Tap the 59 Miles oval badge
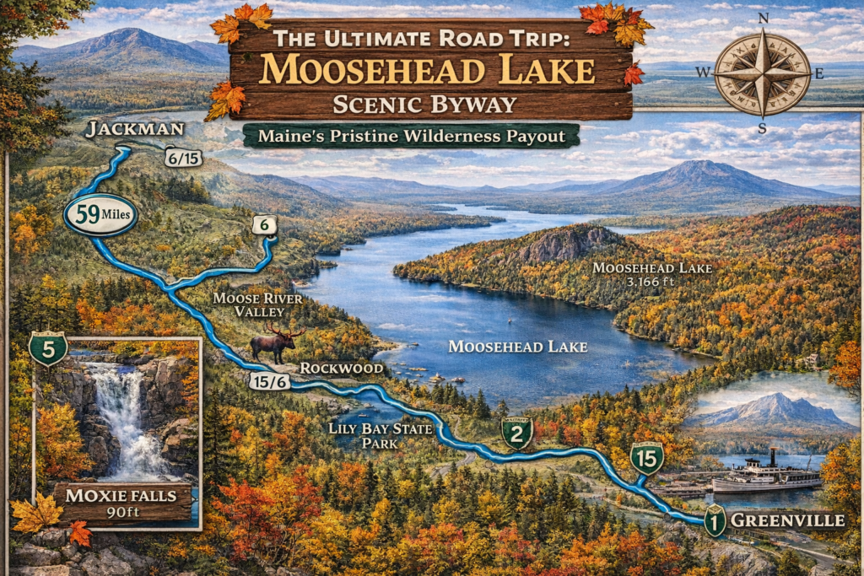(100, 215)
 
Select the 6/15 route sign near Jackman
(183, 156)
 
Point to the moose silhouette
(276, 343)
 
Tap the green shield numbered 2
(516, 433)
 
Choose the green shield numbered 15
(647, 458)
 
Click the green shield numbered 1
(715, 520)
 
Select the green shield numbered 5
(48, 348)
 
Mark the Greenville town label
(787, 520)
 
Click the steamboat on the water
(766, 476)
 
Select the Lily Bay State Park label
(381, 435)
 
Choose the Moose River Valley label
(249, 304)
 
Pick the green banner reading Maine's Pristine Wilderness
(410, 136)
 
